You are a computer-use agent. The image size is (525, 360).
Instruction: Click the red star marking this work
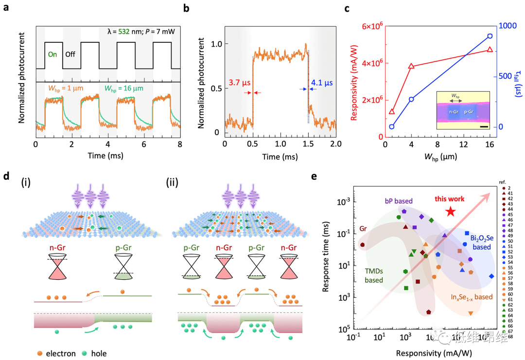(x=450, y=211)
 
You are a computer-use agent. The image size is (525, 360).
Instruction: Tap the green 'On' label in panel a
(x=52, y=54)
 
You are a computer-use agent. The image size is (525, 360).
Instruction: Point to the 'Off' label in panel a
(x=70, y=54)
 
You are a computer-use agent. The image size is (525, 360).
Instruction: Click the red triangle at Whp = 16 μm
(x=490, y=49)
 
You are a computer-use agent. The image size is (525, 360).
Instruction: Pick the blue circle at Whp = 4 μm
(x=411, y=99)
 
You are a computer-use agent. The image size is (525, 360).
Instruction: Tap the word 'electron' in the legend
(x=61, y=353)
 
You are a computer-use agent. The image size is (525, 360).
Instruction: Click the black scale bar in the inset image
(x=483, y=127)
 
